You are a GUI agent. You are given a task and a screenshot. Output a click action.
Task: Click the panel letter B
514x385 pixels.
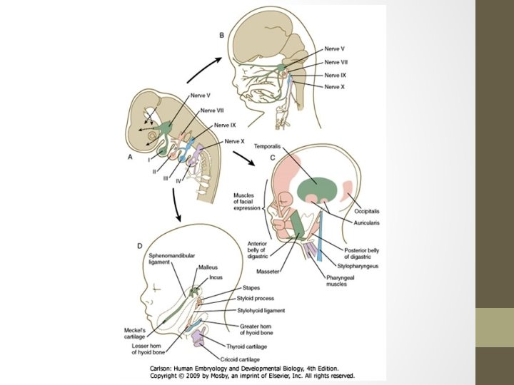coord(221,35)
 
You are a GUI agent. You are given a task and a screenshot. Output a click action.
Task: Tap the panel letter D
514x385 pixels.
coord(139,246)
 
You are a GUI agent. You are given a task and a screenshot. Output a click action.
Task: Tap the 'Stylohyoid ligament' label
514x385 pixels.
coord(261,311)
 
